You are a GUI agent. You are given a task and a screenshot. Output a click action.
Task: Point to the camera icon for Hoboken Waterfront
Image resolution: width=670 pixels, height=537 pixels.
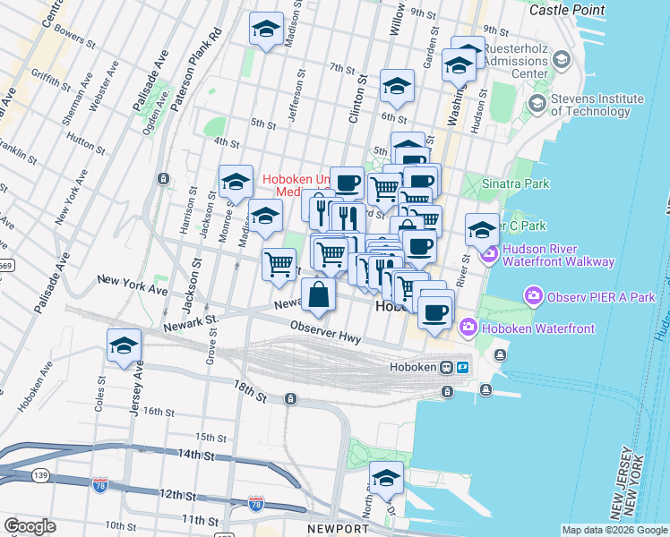point(468,328)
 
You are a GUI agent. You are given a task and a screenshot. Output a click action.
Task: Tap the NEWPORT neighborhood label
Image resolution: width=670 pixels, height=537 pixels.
point(338,529)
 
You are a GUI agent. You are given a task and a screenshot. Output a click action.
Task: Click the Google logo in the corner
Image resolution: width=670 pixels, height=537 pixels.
point(30,526)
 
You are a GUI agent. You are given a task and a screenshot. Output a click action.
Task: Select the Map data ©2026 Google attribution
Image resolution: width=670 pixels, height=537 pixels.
point(614,530)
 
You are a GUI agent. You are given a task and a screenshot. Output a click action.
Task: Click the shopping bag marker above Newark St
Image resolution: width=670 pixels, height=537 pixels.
point(319,294)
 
